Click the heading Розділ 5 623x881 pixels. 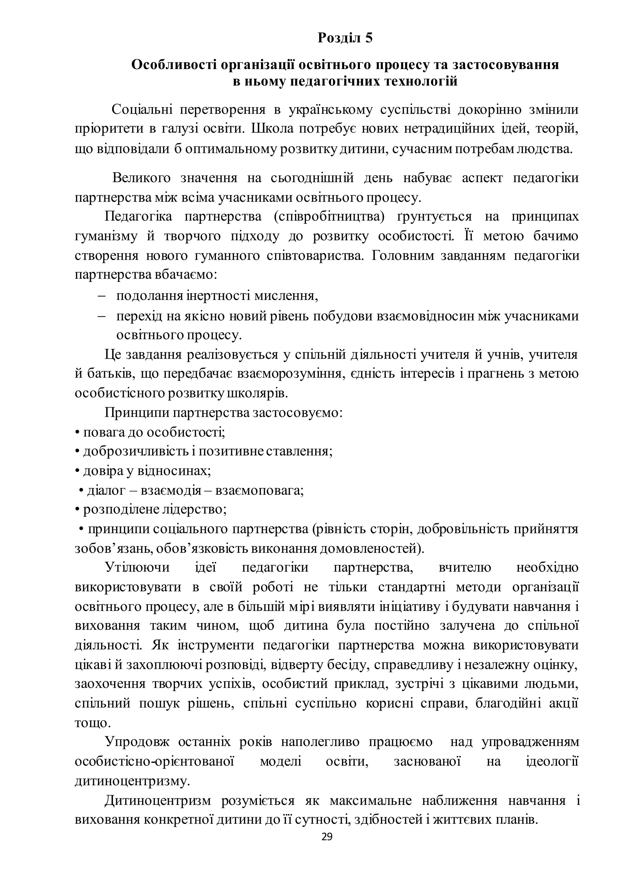click(345, 38)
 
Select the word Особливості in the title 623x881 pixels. click(175, 65)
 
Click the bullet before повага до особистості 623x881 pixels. click(77, 433)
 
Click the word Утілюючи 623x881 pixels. click(137, 567)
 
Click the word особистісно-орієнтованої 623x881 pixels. click(154, 761)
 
